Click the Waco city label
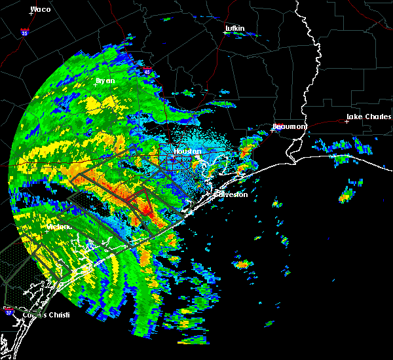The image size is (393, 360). pyautogui.click(x=41, y=9)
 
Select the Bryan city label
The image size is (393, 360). pyautogui.click(x=105, y=81)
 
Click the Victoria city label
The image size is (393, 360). pyautogui.click(x=58, y=227)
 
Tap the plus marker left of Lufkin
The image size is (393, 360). pyautogui.click(x=225, y=33)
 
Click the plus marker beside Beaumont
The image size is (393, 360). pyautogui.click(x=272, y=130)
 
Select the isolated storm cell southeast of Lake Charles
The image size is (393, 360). pyautogui.click(x=346, y=194)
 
